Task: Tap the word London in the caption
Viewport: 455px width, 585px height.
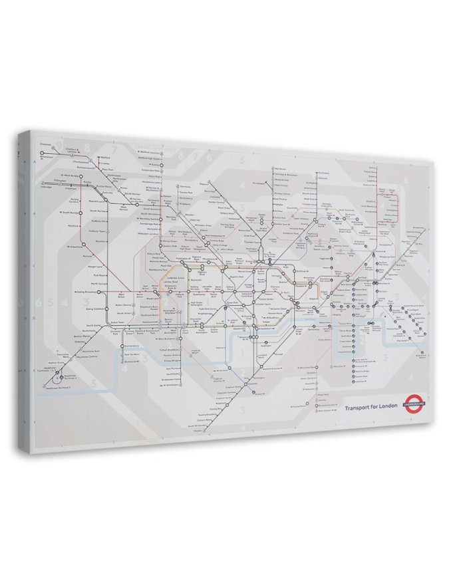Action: tap(388, 405)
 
